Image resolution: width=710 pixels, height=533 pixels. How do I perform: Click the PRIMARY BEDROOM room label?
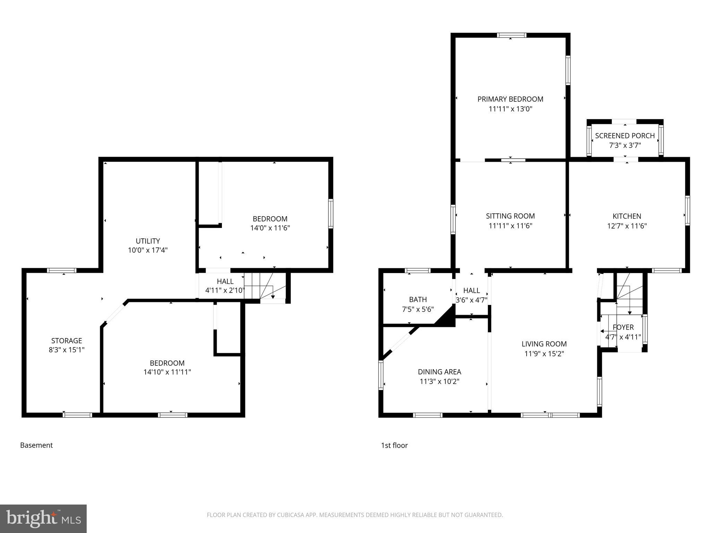coord(510,99)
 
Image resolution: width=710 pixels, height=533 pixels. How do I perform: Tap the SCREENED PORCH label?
coord(625,136)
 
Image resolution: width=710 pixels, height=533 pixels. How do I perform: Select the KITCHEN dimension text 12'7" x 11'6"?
coord(627,226)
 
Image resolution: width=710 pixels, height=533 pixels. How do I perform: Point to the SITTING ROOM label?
coord(510,216)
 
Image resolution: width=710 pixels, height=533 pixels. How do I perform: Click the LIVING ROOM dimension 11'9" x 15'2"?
coord(544,354)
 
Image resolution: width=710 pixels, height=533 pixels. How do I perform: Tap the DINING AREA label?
coord(439,372)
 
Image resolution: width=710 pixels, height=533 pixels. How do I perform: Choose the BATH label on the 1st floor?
coord(418,299)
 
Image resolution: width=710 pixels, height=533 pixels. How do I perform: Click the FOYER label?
coord(623,327)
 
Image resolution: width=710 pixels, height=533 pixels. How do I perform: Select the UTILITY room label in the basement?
coord(148,241)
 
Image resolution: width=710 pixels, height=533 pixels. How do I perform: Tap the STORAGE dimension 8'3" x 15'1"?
coord(67,350)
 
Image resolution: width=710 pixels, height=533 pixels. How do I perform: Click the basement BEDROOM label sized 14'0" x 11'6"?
coord(270,219)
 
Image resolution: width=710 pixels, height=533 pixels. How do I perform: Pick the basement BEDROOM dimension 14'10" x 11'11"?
coord(167,372)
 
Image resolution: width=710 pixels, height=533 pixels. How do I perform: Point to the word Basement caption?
coord(36,445)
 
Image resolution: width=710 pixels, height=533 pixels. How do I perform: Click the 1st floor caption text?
coord(394,445)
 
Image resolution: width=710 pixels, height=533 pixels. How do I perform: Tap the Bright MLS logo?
coord(43,518)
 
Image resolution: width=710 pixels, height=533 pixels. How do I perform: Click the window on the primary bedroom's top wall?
coord(511,35)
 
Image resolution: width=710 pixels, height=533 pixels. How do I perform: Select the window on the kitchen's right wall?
coord(687,210)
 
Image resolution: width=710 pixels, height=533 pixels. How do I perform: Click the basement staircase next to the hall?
coord(265,286)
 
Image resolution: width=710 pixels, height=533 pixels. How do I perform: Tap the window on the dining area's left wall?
coord(381,375)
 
